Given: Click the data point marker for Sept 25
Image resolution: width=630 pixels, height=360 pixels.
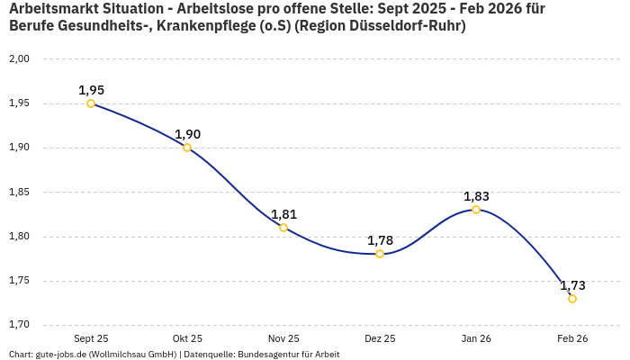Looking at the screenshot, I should tap(91, 103).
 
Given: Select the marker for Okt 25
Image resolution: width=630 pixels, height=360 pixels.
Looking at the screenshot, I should tap(187, 148).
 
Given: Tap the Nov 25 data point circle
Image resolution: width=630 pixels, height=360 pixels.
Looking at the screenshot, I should tap(283, 228).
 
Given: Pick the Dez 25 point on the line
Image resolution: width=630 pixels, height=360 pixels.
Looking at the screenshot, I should tap(380, 254).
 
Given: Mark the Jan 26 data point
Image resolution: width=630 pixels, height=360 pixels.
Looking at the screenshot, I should tap(476, 210).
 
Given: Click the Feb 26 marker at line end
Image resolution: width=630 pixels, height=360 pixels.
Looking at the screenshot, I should tap(572, 299).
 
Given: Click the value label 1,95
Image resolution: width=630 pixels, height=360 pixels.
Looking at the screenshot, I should tap(91, 90).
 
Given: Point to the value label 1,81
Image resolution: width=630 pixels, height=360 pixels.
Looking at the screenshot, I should tap(283, 214).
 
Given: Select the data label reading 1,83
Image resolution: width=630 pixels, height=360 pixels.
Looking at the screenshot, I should tap(476, 196).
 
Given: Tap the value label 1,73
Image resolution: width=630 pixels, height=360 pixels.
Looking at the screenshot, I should tap(572, 285).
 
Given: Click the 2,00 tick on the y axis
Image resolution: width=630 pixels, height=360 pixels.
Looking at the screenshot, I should tap(19, 59).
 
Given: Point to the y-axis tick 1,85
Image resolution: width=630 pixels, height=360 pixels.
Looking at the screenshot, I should tap(19, 193).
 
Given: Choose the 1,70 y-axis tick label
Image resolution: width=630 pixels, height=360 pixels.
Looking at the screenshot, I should tap(19, 325).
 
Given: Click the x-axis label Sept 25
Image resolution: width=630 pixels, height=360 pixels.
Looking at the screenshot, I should tap(91, 338).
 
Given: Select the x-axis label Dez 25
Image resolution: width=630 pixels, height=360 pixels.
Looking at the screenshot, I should tap(380, 338).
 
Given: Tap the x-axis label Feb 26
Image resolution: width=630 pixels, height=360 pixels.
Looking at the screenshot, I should tap(572, 338).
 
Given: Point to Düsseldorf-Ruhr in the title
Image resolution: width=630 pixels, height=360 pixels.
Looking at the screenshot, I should tap(409, 26).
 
